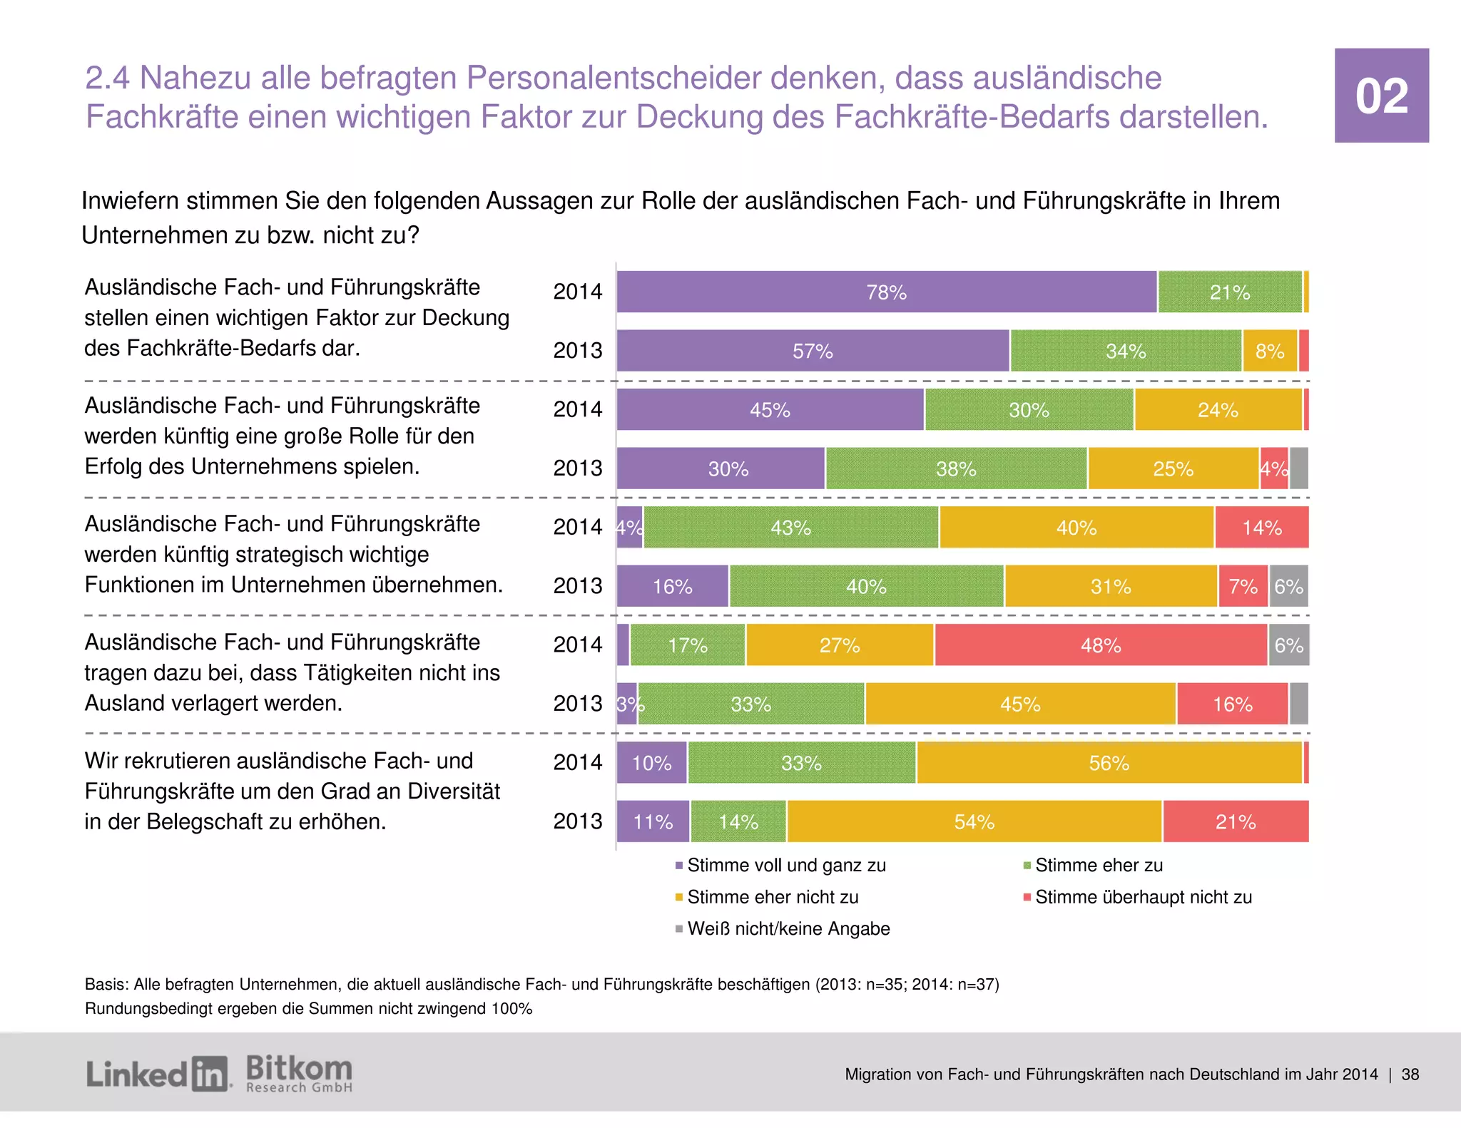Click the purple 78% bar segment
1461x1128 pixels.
[886, 292]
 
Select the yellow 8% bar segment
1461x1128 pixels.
[1269, 351]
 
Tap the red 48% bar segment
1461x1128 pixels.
[1100, 645]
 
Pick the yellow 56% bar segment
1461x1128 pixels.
[1109, 763]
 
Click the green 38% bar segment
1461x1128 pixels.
[956, 468]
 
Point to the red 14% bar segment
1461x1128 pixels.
[1261, 528]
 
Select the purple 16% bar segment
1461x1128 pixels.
[672, 586]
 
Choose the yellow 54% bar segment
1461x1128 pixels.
[974, 821]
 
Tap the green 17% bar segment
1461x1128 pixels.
[687, 645]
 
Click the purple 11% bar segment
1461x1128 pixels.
[653, 821]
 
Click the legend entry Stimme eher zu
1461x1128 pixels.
[1098, 866]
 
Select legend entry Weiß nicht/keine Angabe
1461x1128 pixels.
[788, 929]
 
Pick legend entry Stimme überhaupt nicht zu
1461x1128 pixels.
[1143, 897]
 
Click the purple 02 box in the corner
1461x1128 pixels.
[1381, 96]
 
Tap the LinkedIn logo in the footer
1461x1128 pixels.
[158, 1074]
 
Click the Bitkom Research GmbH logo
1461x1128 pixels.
[299, 1074]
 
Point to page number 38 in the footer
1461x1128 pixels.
[1410, 1075]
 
